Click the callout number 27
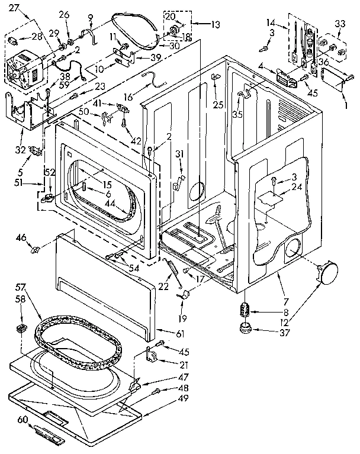(14, 7)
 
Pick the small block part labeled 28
(11, 40)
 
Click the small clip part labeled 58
(21, 328)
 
